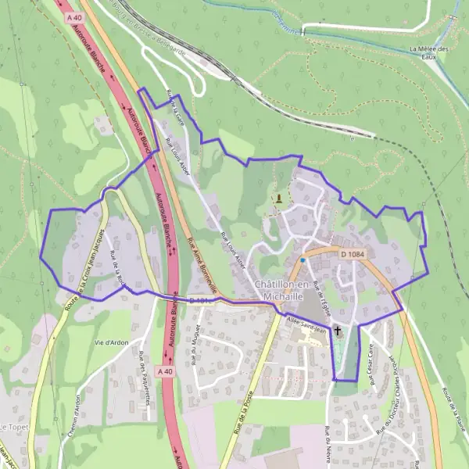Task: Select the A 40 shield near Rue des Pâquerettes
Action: tap(165, 372)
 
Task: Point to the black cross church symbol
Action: tap(338, 331)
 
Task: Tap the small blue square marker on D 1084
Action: tap(303, 260)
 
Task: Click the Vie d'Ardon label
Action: tap(109, 344)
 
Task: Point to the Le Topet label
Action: tap(13, 427)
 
